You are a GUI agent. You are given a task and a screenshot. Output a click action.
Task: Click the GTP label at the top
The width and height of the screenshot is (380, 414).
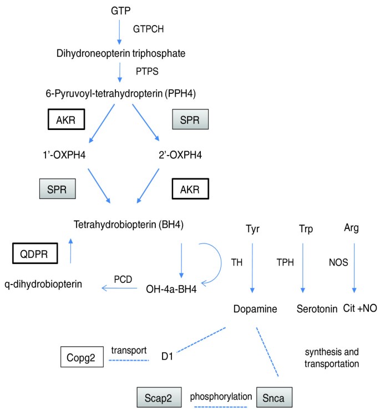[118, 10]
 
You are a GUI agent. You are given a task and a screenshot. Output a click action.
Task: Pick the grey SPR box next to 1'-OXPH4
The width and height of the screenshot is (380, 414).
[57, 189]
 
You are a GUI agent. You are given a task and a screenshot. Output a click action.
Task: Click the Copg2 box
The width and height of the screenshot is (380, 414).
[82, 356]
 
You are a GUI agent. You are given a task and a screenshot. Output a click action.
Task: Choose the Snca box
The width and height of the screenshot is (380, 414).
[275, 397]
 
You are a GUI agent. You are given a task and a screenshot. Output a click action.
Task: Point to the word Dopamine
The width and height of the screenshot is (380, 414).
[255, 308]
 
